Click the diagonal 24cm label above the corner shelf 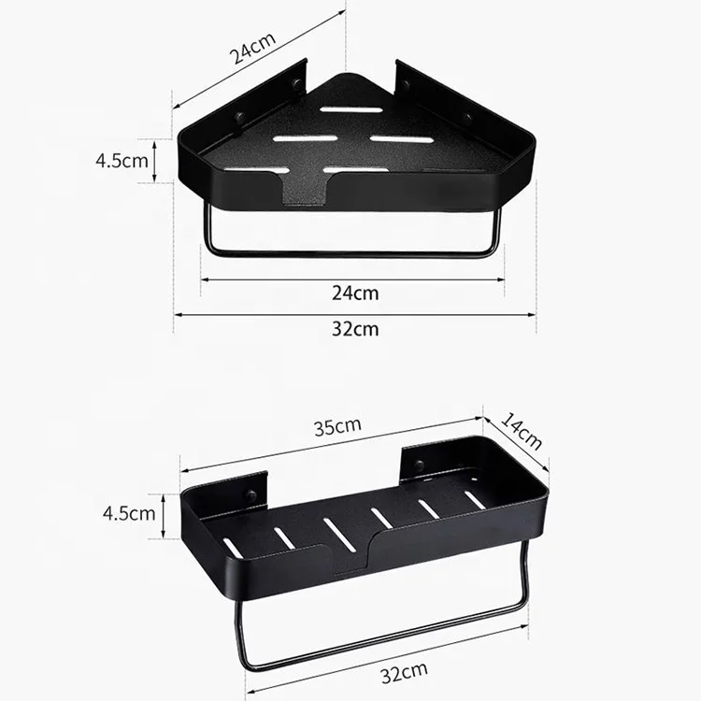(x=252, y=49)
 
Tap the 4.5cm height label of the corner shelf (x=122, y=161)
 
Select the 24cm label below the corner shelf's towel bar (x=355, y=293)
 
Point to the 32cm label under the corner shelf (x=355, y=329)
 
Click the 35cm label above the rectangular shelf (x=337, y=426)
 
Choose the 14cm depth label (x=521, y=431)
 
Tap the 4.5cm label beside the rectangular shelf (x=129, y=513)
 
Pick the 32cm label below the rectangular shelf (x=404, y=672)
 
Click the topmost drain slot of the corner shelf (x=351, y=109)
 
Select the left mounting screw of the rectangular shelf (x=251, y=494)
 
